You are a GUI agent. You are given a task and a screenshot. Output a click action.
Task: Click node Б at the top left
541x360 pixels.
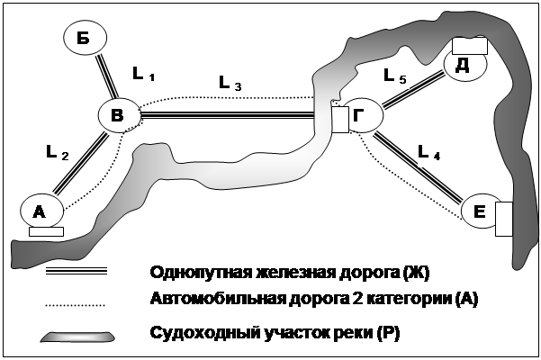pos(86,39)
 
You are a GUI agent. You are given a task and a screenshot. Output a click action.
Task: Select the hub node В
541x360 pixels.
pos(119,114)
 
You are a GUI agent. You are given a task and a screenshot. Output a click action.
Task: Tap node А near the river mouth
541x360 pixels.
pos(41,211)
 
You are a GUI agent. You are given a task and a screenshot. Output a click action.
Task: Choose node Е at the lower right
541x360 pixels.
pos(481,212)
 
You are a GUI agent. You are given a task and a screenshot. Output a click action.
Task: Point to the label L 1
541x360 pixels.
pos(144,73)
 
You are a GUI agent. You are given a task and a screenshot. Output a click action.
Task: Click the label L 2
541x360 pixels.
pos(57,153)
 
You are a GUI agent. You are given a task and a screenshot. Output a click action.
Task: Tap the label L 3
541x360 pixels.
pos(230,83)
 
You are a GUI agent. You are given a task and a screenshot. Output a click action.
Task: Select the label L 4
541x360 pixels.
pos(430,155)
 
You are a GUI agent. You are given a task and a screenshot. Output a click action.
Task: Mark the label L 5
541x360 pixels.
pos(395,78)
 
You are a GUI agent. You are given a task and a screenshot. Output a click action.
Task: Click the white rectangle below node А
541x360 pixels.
pos(46,231)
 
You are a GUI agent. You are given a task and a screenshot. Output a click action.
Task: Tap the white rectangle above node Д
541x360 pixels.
pos(469,45)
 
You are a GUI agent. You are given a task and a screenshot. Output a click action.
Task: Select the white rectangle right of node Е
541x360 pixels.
pos(504,219)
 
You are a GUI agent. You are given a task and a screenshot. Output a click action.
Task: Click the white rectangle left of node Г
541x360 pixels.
pos(339,119)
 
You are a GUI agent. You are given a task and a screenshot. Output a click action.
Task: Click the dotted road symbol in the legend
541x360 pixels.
pos(77,305)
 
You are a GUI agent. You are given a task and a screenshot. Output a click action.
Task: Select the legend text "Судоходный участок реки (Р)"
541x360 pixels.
pos(275,334)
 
